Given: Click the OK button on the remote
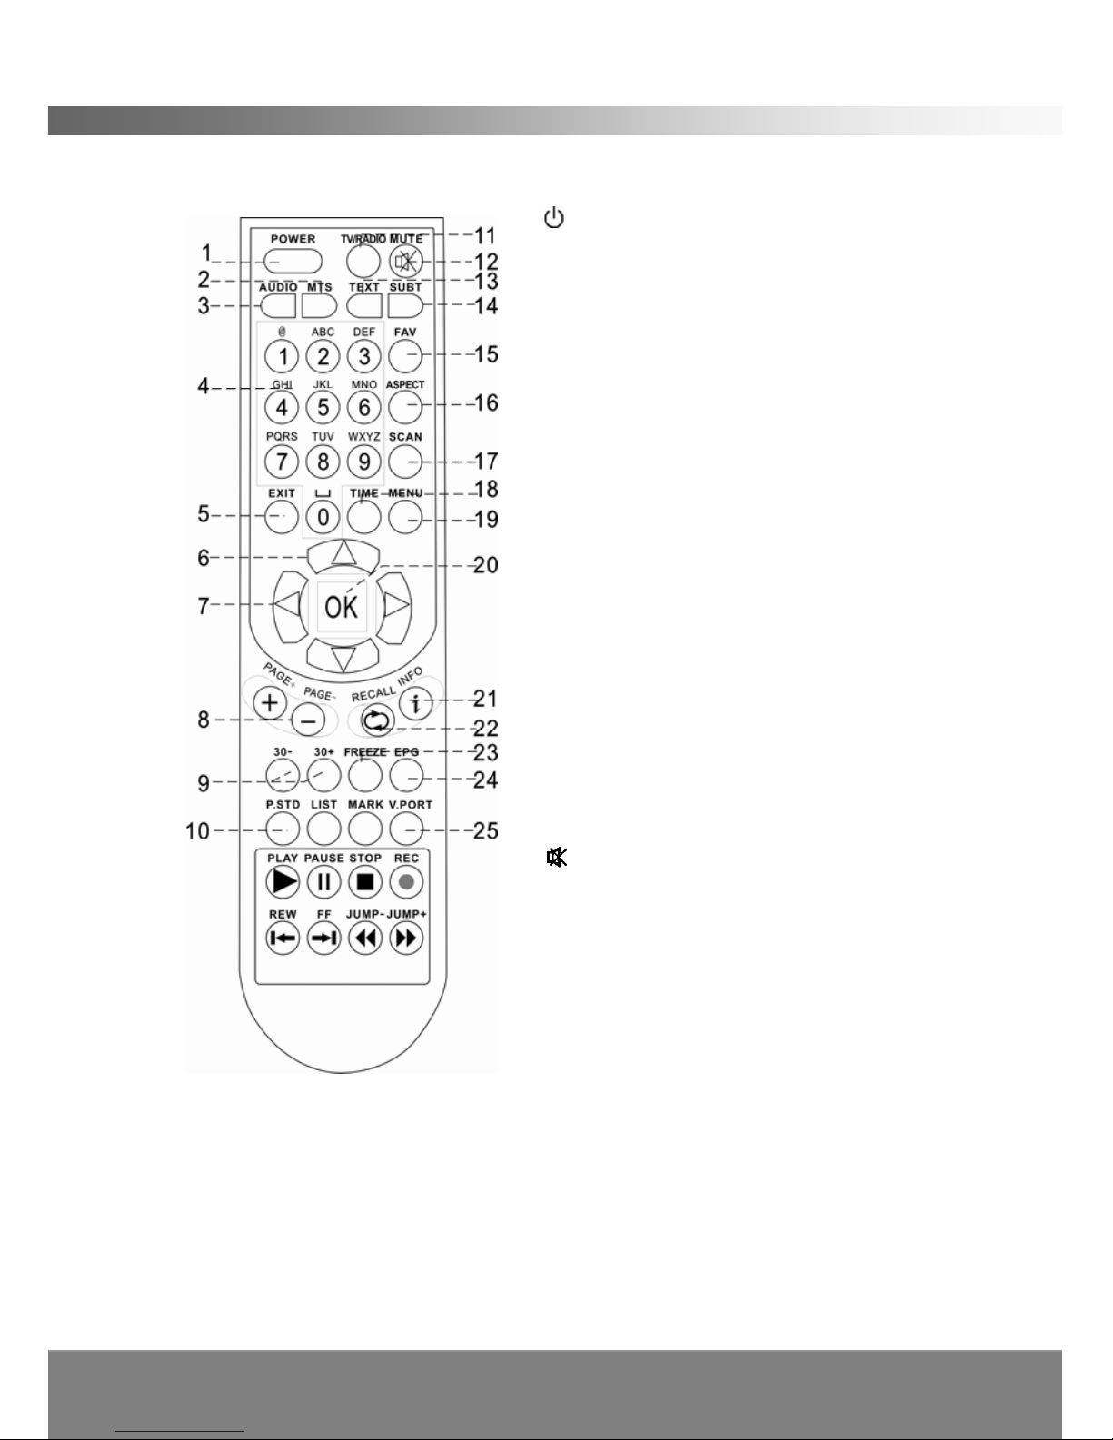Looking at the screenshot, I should pos(342,607).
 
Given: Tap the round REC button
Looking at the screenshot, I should pos(407,881).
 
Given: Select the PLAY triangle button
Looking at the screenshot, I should pos(283,881).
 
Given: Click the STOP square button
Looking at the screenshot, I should pos(365,881).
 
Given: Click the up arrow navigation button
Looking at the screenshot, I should pos(342,553).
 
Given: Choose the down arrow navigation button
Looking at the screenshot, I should pos(342,655).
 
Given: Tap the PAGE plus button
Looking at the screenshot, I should pos(270,701).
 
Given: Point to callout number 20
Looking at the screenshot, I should pos(486,565).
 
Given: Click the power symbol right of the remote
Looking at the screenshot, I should pos(554,218).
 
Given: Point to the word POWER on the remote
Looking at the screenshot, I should pos(293,239).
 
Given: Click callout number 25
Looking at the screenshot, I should pos(486,829).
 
